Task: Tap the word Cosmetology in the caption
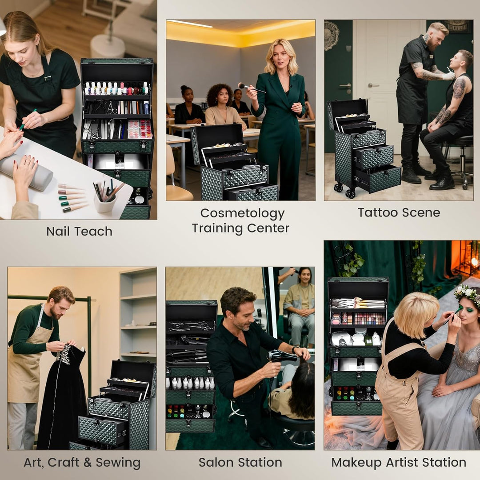pyautogui.click(x=243, y=214)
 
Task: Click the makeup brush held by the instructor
pyautogui.click(x=251, y=88)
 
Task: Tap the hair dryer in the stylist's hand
pyautogui.click(x=280, y=357)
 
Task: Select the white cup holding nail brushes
pyautogui.click(x=105, y=204)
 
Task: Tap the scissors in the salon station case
pyautogui.click(x=190, y=326)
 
